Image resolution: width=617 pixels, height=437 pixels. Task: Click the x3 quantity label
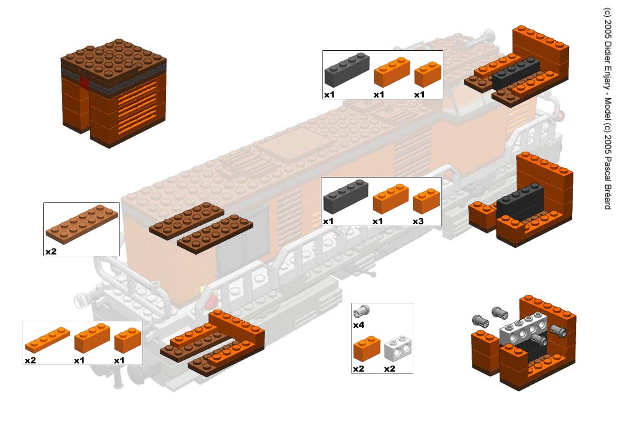coord(419,220)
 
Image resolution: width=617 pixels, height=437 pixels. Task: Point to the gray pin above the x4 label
coord(363,311)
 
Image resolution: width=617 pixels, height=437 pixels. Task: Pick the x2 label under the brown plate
coord(51,252)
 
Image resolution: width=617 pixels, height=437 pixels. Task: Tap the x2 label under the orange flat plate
coord(30,360)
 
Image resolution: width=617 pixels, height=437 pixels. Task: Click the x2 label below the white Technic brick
coord(390,368)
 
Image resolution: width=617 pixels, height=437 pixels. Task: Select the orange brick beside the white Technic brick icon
coord(367,349)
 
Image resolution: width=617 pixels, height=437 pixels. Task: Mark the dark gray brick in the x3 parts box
coord(346,195)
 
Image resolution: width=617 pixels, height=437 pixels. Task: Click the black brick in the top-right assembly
coord(516,73)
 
